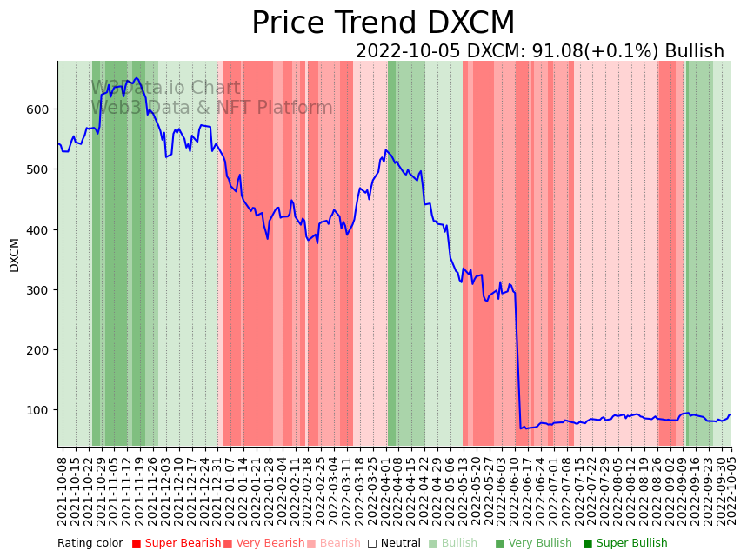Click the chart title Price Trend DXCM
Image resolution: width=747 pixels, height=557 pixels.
pos(383,23)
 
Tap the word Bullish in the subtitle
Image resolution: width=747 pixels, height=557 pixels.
pos(694,51)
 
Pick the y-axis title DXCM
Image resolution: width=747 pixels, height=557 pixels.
pos(14,255)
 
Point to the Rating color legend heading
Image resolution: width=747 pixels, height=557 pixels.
pos(90,544)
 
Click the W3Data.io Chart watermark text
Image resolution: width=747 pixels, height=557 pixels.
pos(165,89)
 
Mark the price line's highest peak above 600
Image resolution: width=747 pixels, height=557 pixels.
pos(137,78)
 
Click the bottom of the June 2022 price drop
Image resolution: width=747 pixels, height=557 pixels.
pos(521,428)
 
